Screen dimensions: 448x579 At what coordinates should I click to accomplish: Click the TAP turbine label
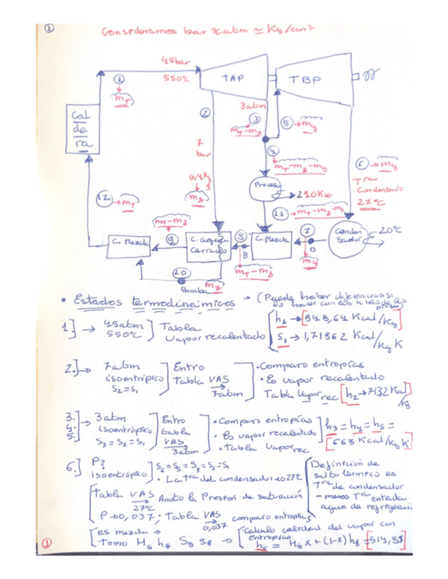pos(233,78)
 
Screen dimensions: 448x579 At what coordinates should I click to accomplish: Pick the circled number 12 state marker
pos(107,198)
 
